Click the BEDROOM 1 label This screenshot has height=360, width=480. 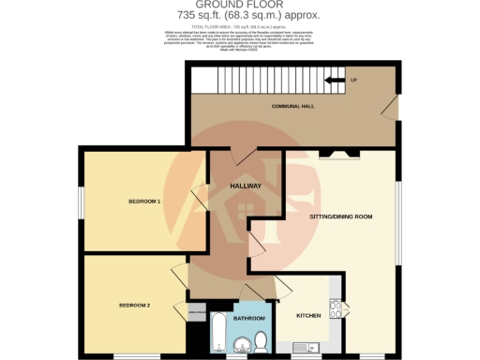point(145,202)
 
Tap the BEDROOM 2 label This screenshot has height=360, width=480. point(135,306)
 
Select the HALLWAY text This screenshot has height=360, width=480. point(246,186)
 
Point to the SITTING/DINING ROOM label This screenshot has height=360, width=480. point(340,217)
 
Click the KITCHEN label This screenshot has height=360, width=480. point(309,316)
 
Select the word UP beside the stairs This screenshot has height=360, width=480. point(353,81)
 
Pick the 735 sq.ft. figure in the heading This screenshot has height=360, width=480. point(197,16)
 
